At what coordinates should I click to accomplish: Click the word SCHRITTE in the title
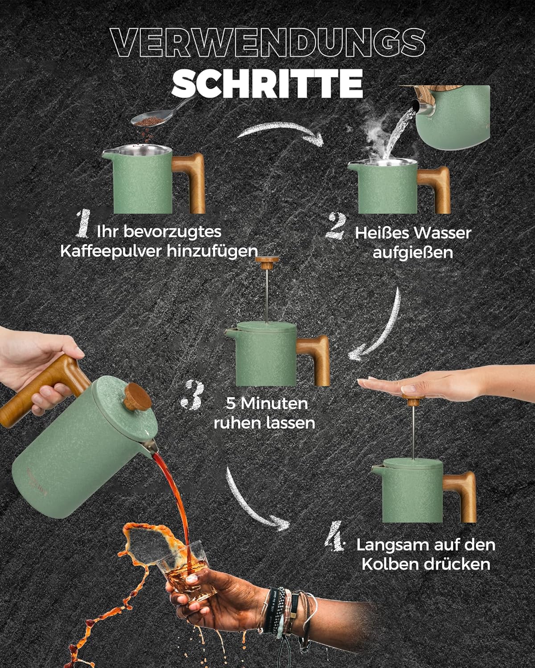(267, 83)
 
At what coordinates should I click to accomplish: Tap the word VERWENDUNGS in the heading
(268, 42)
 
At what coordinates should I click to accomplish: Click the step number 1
(83, 224)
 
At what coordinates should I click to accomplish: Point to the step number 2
(336, 226)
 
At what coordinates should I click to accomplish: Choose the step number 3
(193, 395)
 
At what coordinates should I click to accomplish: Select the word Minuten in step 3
(275, 403)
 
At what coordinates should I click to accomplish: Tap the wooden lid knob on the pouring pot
(137, 396)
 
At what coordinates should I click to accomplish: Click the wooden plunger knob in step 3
(267, 262)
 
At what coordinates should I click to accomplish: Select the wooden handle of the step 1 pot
(190, 182)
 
